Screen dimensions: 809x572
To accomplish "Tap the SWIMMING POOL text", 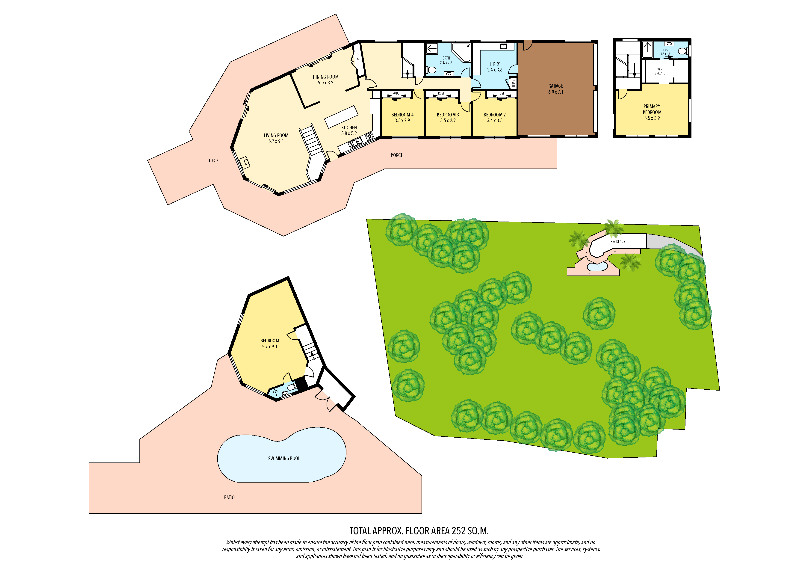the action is [284, 459].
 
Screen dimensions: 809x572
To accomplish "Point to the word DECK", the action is [214, 161].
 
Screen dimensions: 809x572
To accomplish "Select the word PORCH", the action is [397, 155].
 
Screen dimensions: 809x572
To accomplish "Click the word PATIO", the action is [229, 497].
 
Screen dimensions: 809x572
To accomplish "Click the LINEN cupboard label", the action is [514, 83].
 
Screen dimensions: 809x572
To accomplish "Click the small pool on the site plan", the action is [597, 267].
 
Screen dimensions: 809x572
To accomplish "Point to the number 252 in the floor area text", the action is [459, 531].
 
